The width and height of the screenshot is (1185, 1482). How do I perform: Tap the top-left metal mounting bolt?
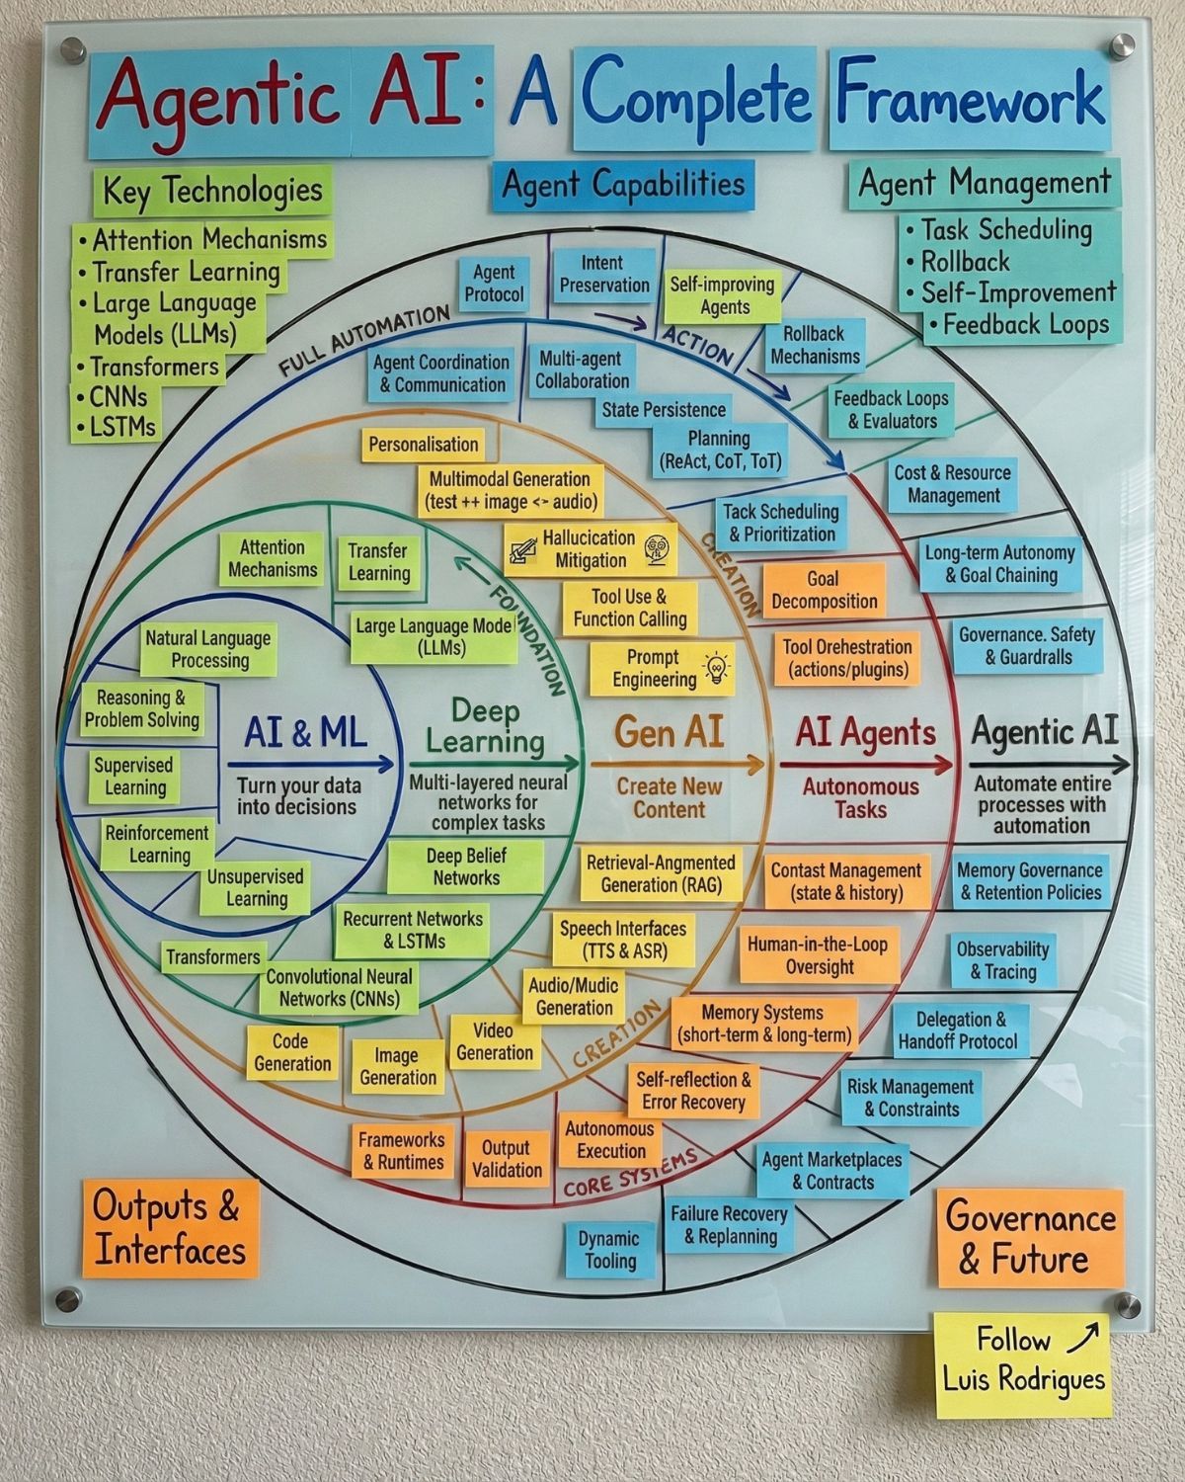coord(72,50)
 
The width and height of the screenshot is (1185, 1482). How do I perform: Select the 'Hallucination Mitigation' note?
coord(591,549)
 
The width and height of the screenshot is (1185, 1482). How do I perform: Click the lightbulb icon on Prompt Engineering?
coord(716,667)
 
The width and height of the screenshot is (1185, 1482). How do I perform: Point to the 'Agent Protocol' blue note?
coord(494,283)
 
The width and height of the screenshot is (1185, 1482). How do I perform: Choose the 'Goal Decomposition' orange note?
coord(824,590)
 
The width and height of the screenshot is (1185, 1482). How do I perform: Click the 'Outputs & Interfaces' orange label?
coord(170,1228)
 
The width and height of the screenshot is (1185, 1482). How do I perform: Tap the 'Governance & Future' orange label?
coord(1030,1238)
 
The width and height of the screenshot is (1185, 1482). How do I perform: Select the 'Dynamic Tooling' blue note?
coord(609,1250)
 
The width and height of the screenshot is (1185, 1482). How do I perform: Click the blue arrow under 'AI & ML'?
coord(310,764)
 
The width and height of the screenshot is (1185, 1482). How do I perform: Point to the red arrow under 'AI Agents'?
coord(866,764)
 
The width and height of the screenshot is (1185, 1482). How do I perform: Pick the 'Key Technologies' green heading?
coord(212,191)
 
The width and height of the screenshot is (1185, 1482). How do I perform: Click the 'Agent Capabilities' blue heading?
coord(623,186)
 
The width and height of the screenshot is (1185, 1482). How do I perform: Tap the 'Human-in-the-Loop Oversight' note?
coord(819,955)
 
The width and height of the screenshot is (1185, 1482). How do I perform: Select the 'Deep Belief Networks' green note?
coord(466,867)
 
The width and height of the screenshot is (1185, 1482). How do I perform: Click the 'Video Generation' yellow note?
coord(495,1042)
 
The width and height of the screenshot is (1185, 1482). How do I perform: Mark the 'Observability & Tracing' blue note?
coord(1002,960)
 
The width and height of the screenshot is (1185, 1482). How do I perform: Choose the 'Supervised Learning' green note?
coord(134,777)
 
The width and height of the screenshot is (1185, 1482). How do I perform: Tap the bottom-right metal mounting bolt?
coord(1127,1305)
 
